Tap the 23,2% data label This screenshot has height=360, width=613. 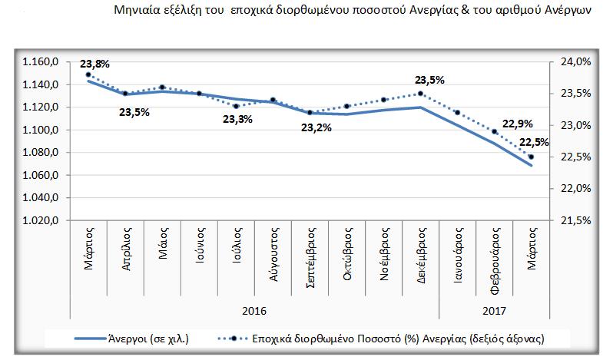click(316, 127)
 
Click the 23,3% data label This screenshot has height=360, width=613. click(237, 119)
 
